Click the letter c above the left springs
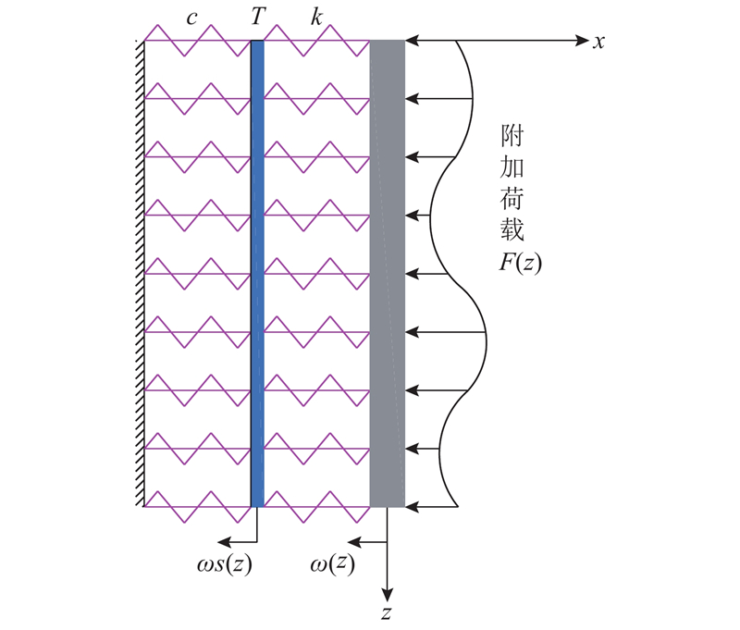pos(191,19)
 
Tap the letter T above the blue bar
pos(258,17)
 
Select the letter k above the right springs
pos(316,17)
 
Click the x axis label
pos(598,43)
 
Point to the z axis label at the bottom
pos(387,612)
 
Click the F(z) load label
pos(520,263)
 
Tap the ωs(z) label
pos(224,563)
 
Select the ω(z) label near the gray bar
pos(332,563)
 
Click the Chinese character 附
pos(512,136)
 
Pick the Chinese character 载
pos(512,229)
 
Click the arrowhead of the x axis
pos(583,41)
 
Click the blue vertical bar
pos(258,274)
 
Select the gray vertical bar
pos(388,274)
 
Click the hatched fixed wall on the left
pos(140,274)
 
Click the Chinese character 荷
pos(512,198)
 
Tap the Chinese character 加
pos(512,167)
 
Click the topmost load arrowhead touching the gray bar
pos(412,41)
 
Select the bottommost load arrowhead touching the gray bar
pos(412,507)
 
